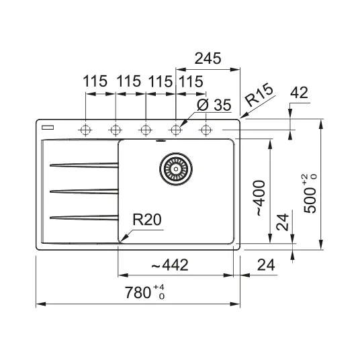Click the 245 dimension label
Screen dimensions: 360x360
coord(208,58)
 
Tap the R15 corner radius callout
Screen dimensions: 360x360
coord(259,95)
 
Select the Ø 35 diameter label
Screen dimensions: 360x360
coord(214,105)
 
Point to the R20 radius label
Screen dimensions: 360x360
coord(147,220)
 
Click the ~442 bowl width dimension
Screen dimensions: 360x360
coord(170,265)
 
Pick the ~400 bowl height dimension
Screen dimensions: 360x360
coord(259,198)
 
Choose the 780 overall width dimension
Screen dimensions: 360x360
coord(144,292)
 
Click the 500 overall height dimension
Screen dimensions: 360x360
coord(310,193)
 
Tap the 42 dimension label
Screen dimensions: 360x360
coord(299,93)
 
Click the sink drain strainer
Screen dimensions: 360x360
coord(176,169)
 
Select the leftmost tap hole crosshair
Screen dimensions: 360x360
coord(85,130)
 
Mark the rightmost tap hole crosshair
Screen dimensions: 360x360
coord(206,130)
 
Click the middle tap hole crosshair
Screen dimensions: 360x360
coord(146,130)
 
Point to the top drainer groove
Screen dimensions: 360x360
coord(84,165)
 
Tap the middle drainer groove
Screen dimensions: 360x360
coord(84,191)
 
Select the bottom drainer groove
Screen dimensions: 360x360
coord(84,218)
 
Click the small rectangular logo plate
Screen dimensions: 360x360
coord(48,128)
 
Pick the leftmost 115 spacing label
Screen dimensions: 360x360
coord(95,81)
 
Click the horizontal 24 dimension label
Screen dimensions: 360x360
coord(266,265)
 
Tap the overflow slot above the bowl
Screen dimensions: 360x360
coord(161,141)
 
